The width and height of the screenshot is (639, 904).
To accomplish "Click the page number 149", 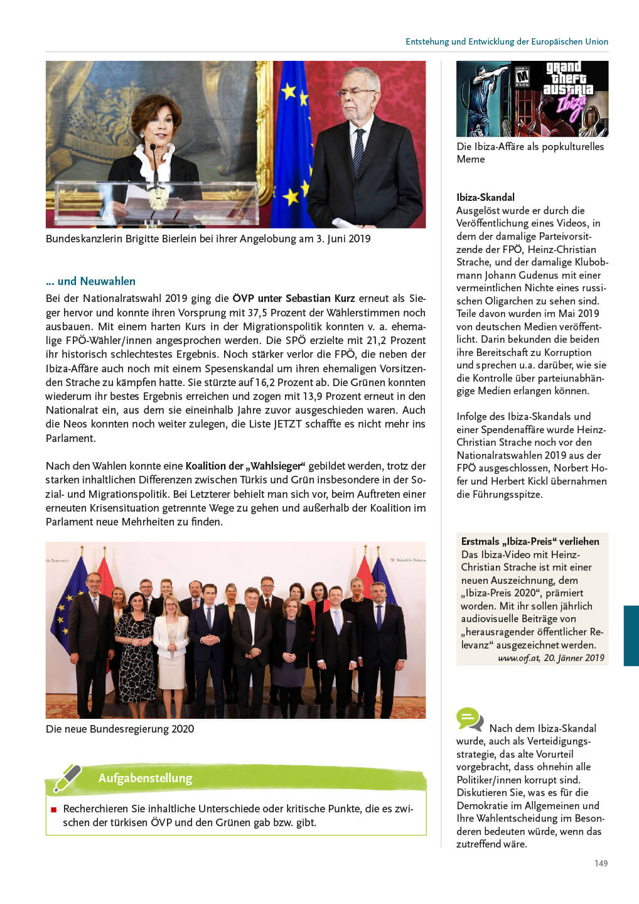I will tap(601, 863).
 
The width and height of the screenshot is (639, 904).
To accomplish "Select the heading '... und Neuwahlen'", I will tap(90, 281).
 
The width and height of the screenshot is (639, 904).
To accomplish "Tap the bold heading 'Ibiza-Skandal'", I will tap(485, 197).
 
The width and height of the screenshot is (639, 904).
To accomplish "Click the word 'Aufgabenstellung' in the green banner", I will tap(145, 778).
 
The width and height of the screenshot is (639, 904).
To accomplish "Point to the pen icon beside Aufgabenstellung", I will tap(67, 778).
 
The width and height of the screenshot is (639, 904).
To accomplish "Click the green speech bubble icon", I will tap(470, 719).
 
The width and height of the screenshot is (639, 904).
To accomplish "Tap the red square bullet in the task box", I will tap(53, 810).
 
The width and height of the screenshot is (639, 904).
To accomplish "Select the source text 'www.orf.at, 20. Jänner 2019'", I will tap(550, 658).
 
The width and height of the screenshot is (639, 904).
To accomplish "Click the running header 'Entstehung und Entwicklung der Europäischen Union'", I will tap(507, 41).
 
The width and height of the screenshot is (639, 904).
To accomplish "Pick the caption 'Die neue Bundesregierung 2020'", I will tap(120, 729).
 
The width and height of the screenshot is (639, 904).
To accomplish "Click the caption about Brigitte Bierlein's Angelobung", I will tap(208, 239).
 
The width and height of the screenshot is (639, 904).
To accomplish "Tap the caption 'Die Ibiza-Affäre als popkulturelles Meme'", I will tap(530, 153).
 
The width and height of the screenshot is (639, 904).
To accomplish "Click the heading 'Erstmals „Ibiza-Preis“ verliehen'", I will tap(530, 541).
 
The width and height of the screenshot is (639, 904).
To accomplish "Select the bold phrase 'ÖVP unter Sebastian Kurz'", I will tap(293, 298).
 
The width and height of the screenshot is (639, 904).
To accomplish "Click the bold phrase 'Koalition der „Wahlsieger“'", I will tap(245, 466).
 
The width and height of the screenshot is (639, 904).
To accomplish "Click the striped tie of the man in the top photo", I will tap(358, 151).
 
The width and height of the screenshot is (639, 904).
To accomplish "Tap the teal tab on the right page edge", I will tap(631, 635).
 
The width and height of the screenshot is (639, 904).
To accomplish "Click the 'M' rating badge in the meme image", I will tap(522, 76).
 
